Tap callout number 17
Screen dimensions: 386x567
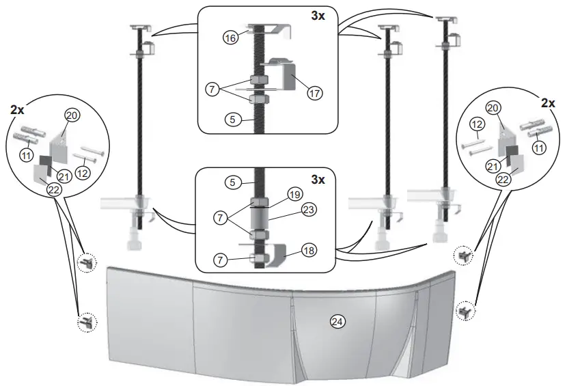pos(314,92)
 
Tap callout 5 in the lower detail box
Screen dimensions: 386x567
pos(234,182)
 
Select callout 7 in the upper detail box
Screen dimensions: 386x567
pos(214,89)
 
